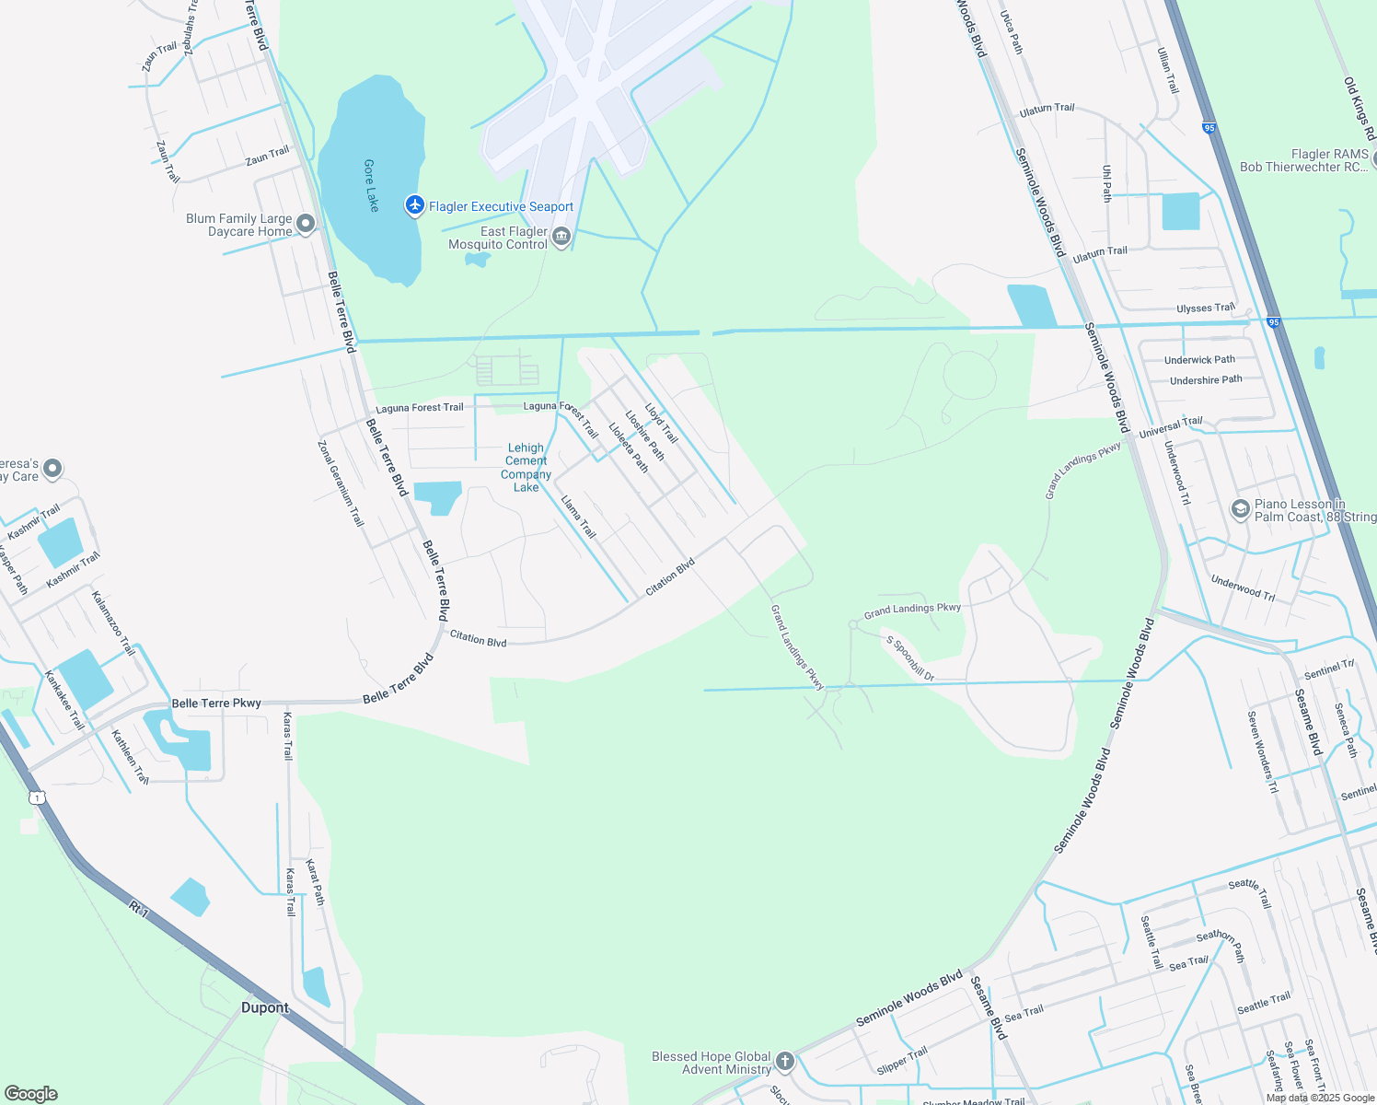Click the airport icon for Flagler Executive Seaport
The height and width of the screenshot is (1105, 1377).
[x=415, y=205]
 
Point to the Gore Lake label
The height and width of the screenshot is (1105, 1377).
[x=371, y=185]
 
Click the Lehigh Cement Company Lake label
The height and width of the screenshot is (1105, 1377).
[x=526, y=468]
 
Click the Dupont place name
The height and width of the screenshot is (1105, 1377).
[x=265, y=1007]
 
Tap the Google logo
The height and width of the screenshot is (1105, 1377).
[x=30, y=1094]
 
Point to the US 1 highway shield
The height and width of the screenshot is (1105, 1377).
[x=36, y=797]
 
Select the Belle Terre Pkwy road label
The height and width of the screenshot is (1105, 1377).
[x=216, y=704]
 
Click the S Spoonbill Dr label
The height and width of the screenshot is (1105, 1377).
[x=910, y=658]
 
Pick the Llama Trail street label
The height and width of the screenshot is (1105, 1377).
[x=579, y=518]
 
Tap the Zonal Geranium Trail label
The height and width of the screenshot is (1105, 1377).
[x=341, y=483]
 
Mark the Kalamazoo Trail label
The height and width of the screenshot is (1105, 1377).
[x=113, y=623]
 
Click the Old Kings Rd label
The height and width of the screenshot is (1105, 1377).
[x=1360, y=109]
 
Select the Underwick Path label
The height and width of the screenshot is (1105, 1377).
[x=1199, y=360]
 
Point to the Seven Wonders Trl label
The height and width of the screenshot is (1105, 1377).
[x=1263, y=751]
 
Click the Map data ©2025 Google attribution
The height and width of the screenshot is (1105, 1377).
[x=1320, y=1098]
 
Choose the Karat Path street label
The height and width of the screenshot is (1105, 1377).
[x=315, y=882]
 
